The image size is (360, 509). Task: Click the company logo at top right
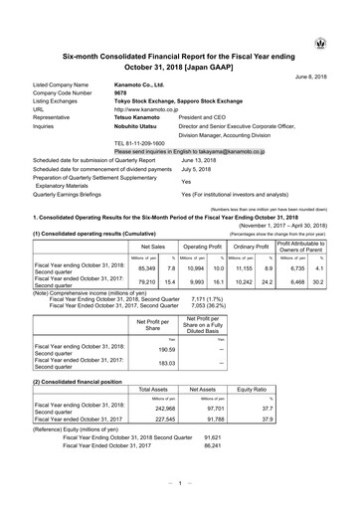pos(343,44)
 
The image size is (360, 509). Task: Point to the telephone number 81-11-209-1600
pos(148,143)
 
